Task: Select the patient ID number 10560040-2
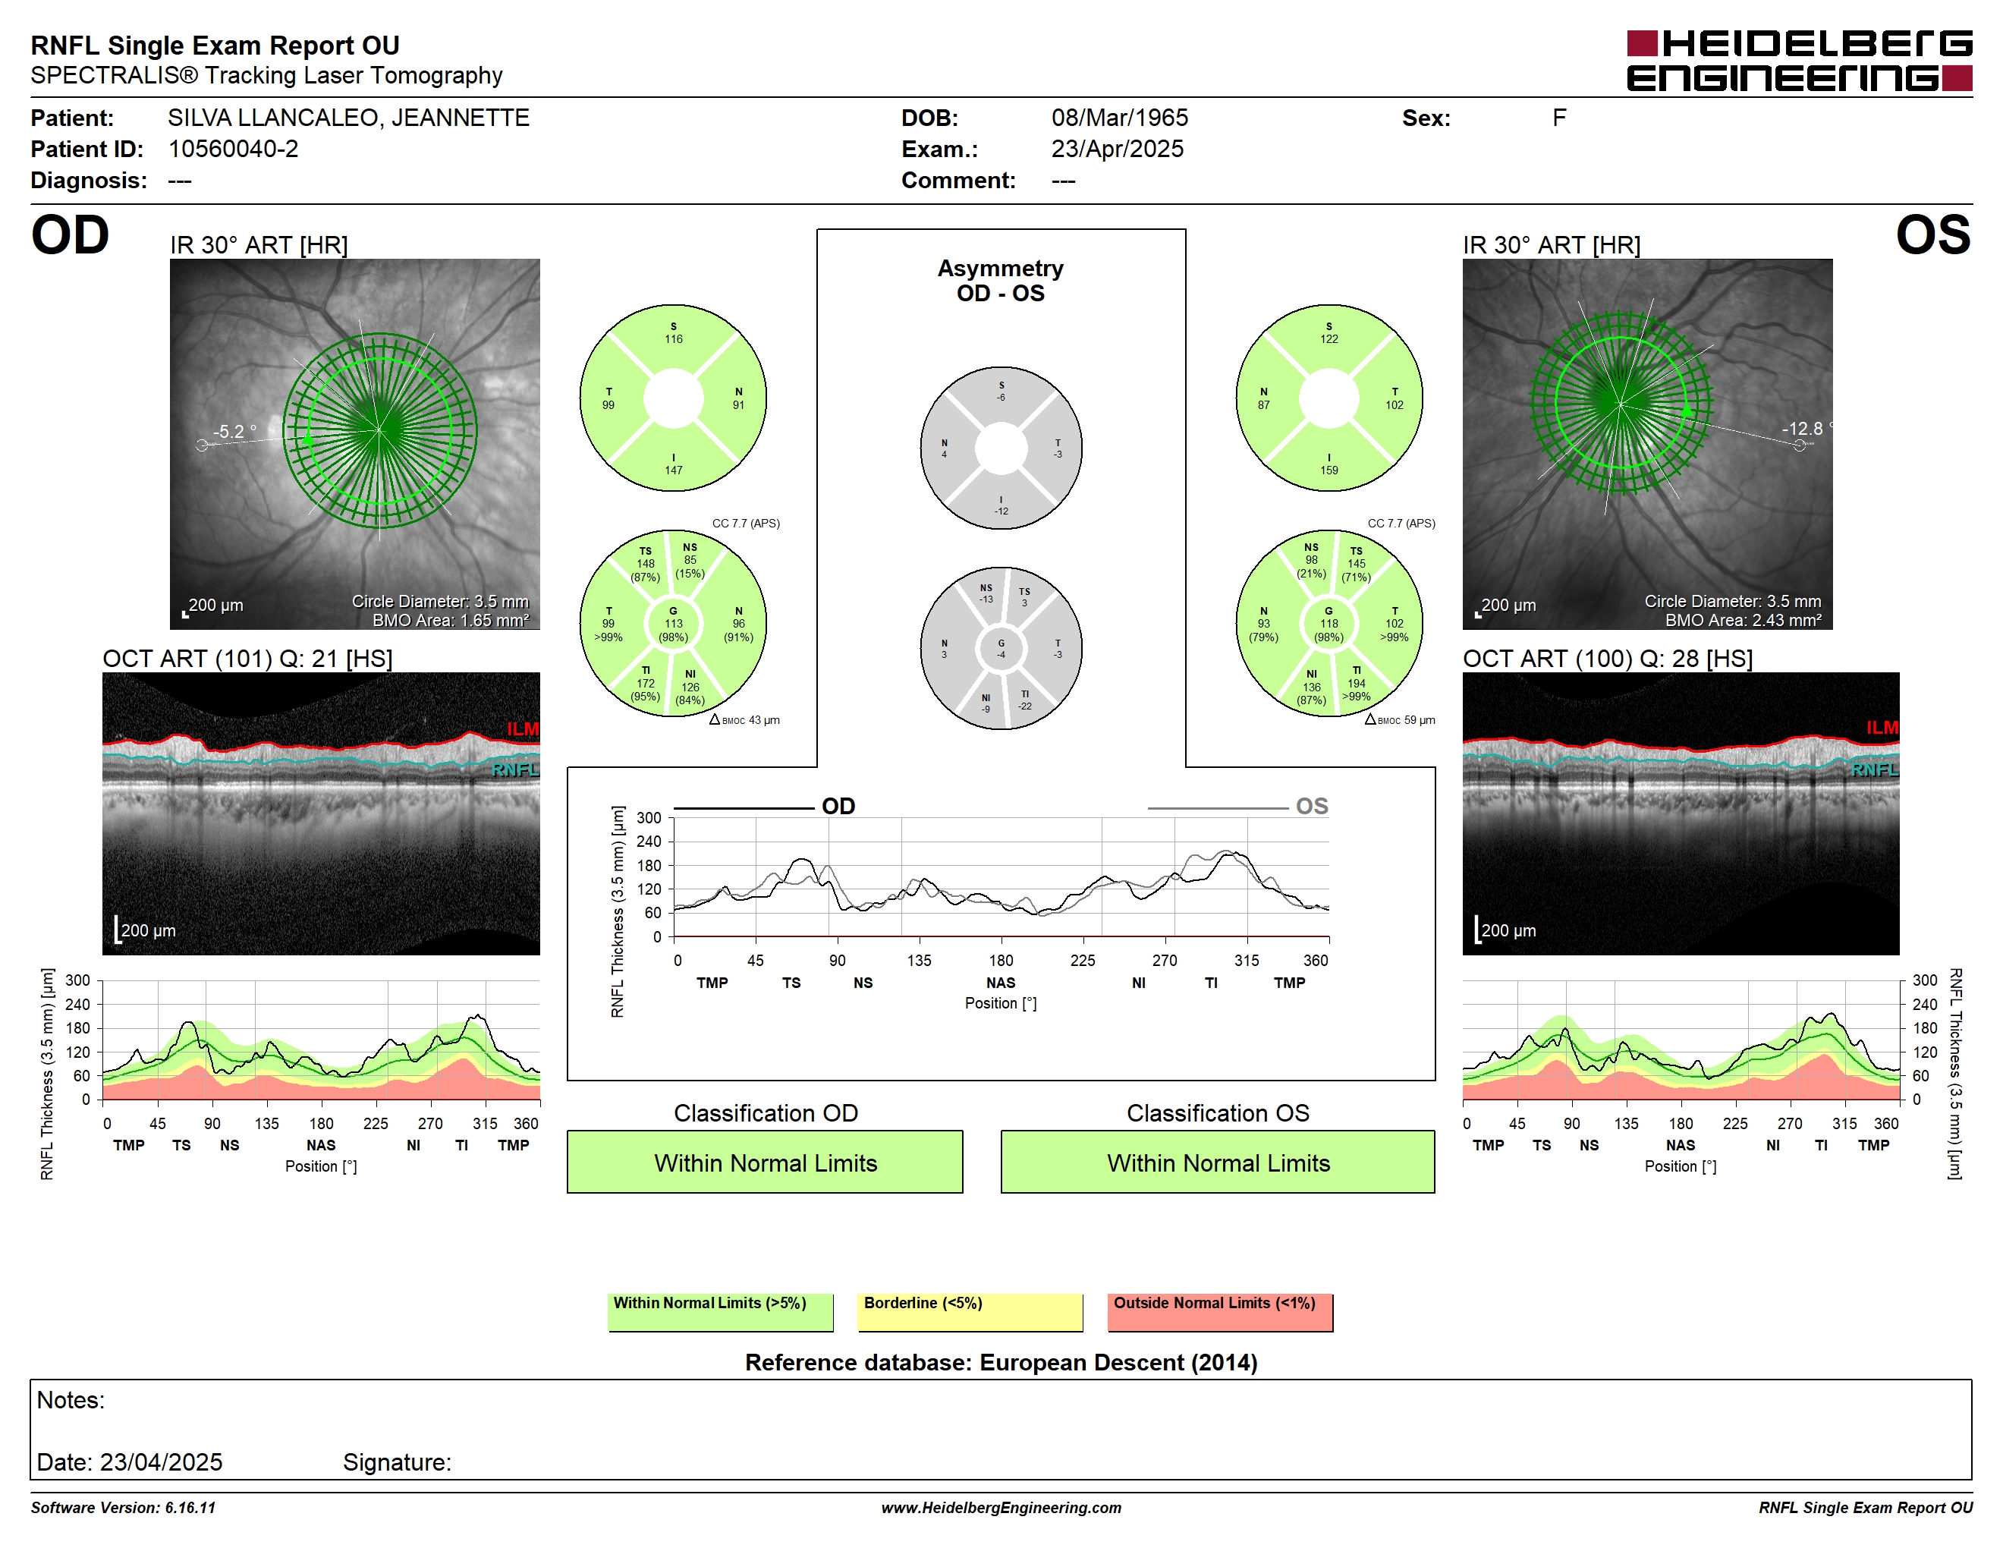[x=233, y=149]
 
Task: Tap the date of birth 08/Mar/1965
[x=1119, y=118]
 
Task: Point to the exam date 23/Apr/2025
[x=1117, y=149]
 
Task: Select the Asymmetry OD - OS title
[x=1001, y=281]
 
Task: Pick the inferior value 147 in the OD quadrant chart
[x=673, y=470]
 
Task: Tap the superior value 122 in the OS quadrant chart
[x=1329, y=339]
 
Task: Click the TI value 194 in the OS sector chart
[x=1357, y=683]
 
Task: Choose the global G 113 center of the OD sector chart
[x=673, y=624]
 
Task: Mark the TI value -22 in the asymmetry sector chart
[x=1024, y=706]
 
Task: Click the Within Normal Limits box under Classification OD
[x=765, y=1162]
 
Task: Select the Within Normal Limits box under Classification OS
[x=1218, y=1162]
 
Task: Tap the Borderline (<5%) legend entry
[x=970, y=1312]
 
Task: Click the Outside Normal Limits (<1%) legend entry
[x=1220, y=1312]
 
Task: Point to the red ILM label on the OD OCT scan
[x=523, y=729]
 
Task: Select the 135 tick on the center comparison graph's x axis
[x=919, y=960]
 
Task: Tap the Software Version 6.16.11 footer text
[x=123, y=1508]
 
